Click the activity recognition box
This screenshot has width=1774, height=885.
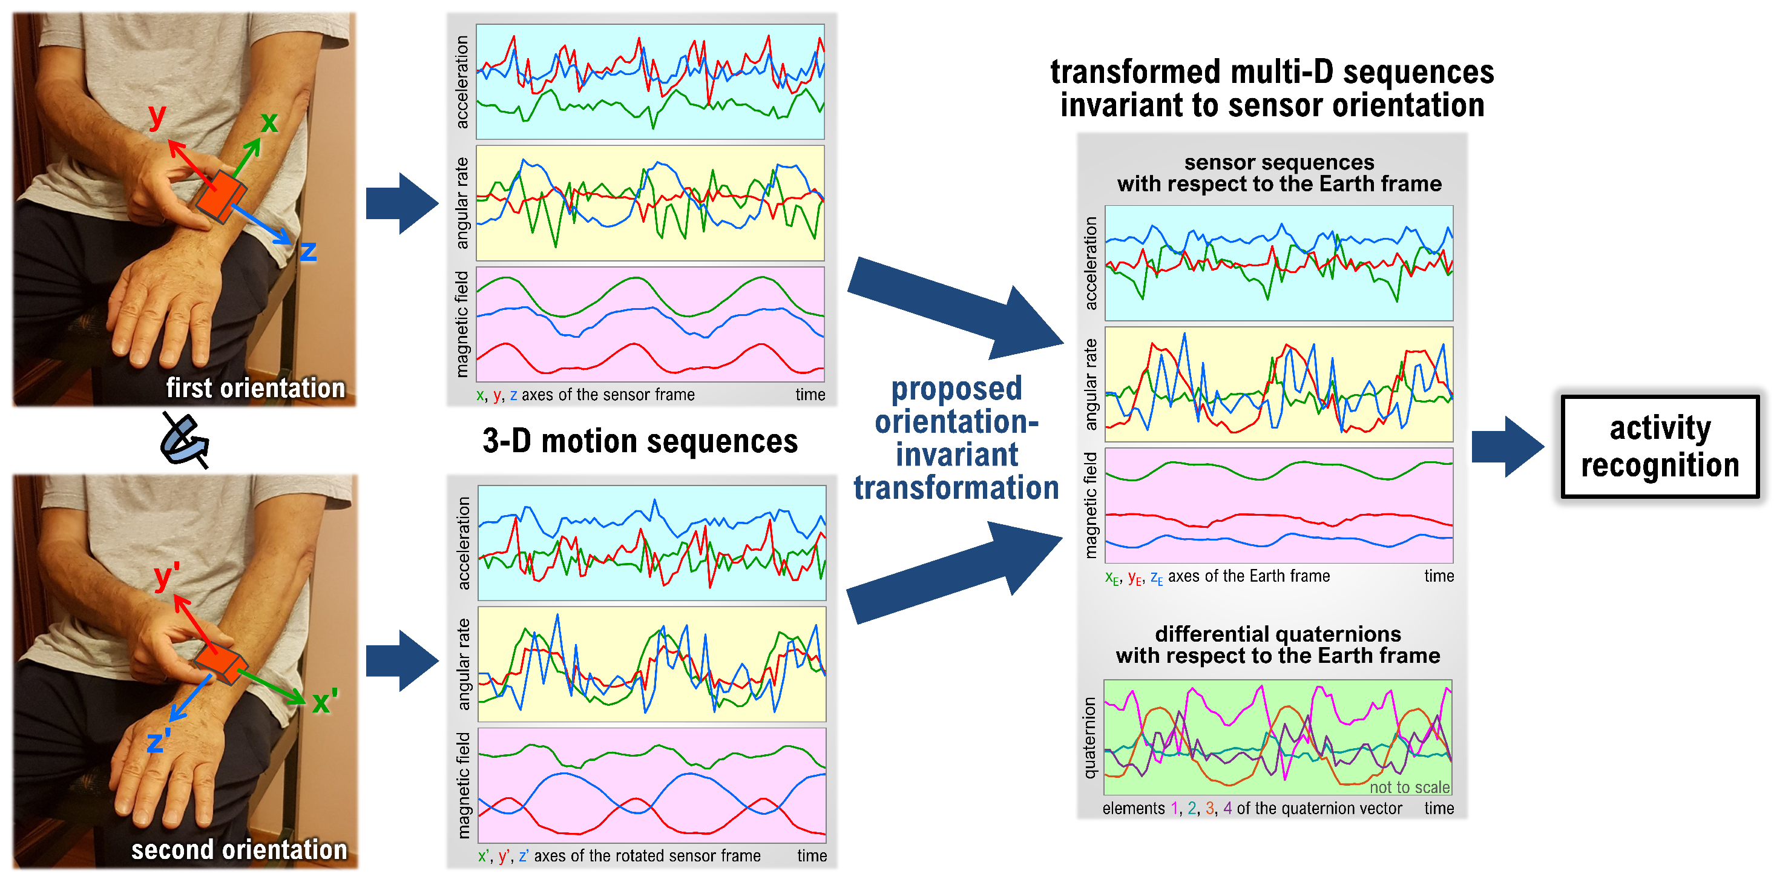point(1659,446)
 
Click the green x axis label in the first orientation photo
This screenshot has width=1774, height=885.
point(269,123)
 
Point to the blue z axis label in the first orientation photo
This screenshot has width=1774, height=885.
point(308,251)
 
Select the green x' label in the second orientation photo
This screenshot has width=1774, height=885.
point(324,702)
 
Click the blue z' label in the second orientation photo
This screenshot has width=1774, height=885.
point(158,742)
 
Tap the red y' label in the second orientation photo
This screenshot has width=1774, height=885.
point(166,576)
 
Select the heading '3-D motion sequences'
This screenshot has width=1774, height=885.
point(640,441)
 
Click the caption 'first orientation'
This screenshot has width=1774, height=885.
point(255,388)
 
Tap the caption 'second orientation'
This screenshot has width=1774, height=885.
point(239,849)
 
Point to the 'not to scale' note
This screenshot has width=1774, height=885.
point(1409,786)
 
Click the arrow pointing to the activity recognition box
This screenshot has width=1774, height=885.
point(1507,446)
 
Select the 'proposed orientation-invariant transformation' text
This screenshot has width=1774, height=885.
point(956,438)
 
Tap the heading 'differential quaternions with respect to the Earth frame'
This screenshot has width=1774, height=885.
point(1278,644)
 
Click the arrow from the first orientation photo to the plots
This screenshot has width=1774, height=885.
point(401,203)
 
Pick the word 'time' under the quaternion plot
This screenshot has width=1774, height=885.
point(1439,808)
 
